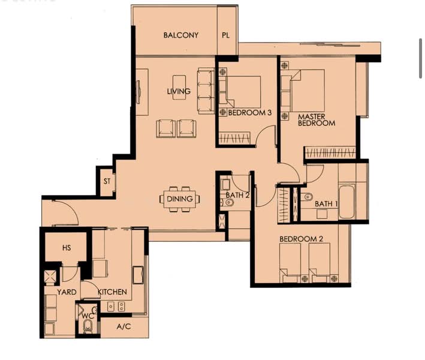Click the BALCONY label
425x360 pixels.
[x=180, y=35]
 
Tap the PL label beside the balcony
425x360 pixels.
[x=226, y=35]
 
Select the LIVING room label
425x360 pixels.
[x=179, y=92]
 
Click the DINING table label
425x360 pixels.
[x=180, y=199]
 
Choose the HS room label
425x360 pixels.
[x=67, y=248]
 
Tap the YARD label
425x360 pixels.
[x=66, y=292]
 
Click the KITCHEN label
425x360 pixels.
[x=112, y=292]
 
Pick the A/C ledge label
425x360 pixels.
[x=123, y=327]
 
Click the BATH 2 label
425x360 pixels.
[x=237, y=195]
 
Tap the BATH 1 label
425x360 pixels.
[x=327, y=204]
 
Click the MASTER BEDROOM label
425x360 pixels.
[x=317, y=119]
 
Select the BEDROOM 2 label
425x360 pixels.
[x=302, y=239]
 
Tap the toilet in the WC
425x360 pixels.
[x=88, y=326]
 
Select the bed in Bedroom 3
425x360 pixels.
[x=245, y=95]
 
